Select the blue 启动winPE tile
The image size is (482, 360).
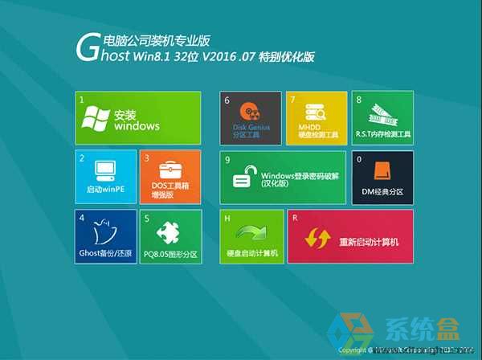click(x=106, y=177)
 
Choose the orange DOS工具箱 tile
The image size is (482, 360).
click(x=170, y=177)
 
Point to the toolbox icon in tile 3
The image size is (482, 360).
click(x=170, y=170)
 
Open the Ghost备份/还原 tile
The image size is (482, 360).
click(x=106, y=236)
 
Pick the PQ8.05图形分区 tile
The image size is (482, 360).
click(x=170, y=236)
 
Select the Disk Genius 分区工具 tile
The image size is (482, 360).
click(x=251, y=118)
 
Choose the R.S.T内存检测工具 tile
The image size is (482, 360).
click(x=382, y=118)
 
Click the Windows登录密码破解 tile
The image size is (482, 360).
click(x=283, y=177)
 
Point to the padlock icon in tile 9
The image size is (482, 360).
click(x=243, y=177)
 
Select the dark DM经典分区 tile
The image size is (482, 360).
click(x=382, y=177)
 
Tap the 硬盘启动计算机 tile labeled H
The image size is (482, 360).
click(x=251, y=236)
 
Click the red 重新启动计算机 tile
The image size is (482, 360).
click(x=349, y=236)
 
